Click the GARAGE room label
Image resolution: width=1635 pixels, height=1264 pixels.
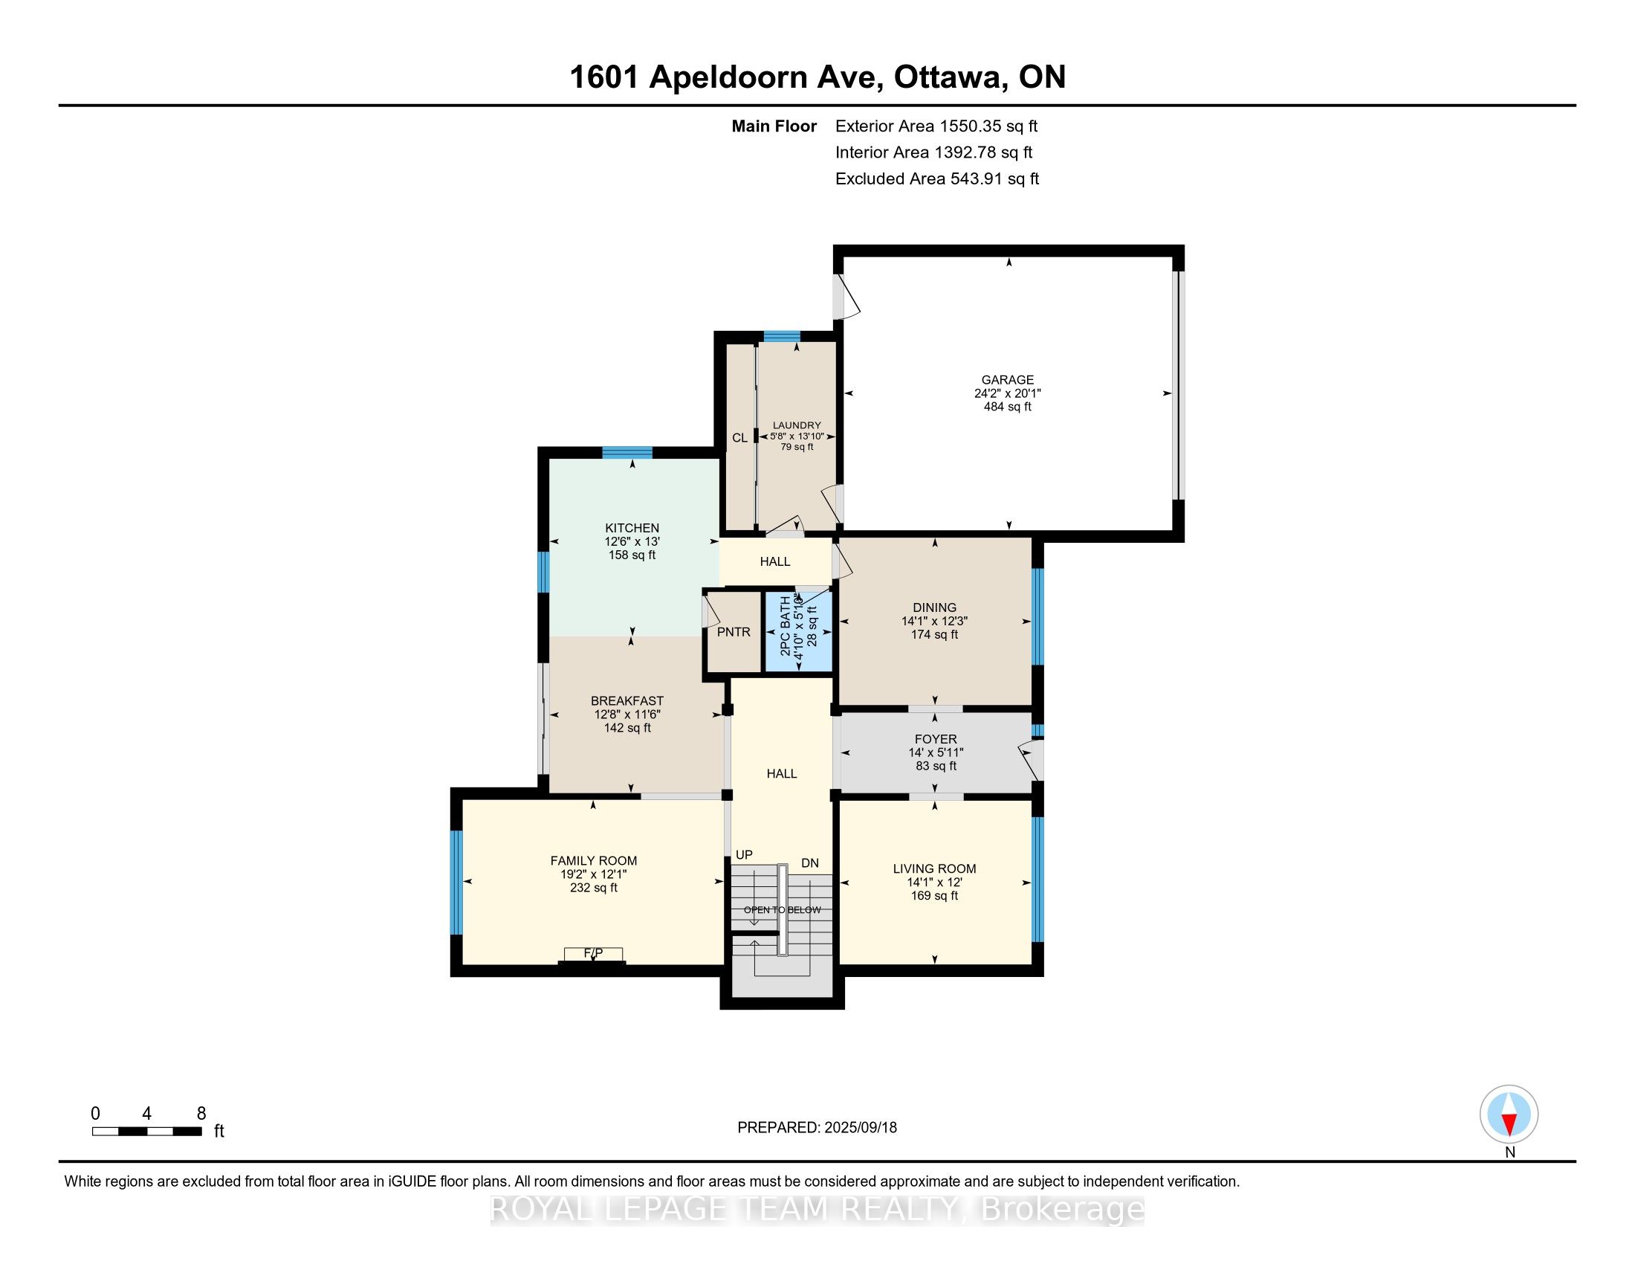tap(1008, 380)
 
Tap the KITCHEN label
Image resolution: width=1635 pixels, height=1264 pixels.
tap(632, 528)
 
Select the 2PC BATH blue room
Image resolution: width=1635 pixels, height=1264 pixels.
tap(798, 631)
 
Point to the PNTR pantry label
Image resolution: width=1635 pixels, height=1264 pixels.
tap(734, 632)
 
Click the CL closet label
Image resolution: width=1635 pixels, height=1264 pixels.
tap(739, 437)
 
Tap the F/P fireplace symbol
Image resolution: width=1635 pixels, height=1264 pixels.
tap(593, 955)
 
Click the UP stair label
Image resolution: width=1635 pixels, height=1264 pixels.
tap(744, 854)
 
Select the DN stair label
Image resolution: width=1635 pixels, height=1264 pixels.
tap(810, 862)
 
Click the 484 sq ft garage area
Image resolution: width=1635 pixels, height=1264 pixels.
tap(1008, 407)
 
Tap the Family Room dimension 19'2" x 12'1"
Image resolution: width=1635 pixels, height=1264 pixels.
tap(594, 874)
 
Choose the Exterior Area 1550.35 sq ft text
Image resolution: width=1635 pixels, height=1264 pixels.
tap(936, 126)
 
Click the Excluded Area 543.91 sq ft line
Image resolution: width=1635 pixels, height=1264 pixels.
tap(937, 178)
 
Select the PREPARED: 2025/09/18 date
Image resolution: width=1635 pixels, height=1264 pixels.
tap(817, 1127)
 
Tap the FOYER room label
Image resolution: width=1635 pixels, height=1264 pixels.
tap(936, 739)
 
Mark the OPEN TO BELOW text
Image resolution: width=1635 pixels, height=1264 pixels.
tap(783, 910)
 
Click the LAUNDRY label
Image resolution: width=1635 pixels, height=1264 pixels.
tap(797, 425)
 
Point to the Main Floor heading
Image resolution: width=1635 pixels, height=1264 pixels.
tap(774, 126)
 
